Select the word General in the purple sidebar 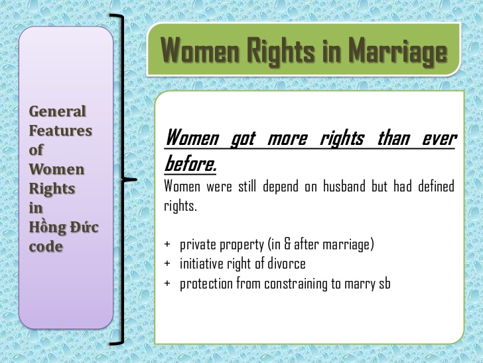(x=58, y=112)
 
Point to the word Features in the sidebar (x=60, y=131)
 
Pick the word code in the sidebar (x=46, y=247)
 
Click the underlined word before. (x=190, y=162)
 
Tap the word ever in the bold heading (x=439, y=138)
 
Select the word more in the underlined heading (x=287, y=138)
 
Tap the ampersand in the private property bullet (x=287, y=244)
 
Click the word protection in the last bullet (x=206, y=284)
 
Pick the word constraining (x=300, y=284)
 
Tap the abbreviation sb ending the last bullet (x=384, y=284)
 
